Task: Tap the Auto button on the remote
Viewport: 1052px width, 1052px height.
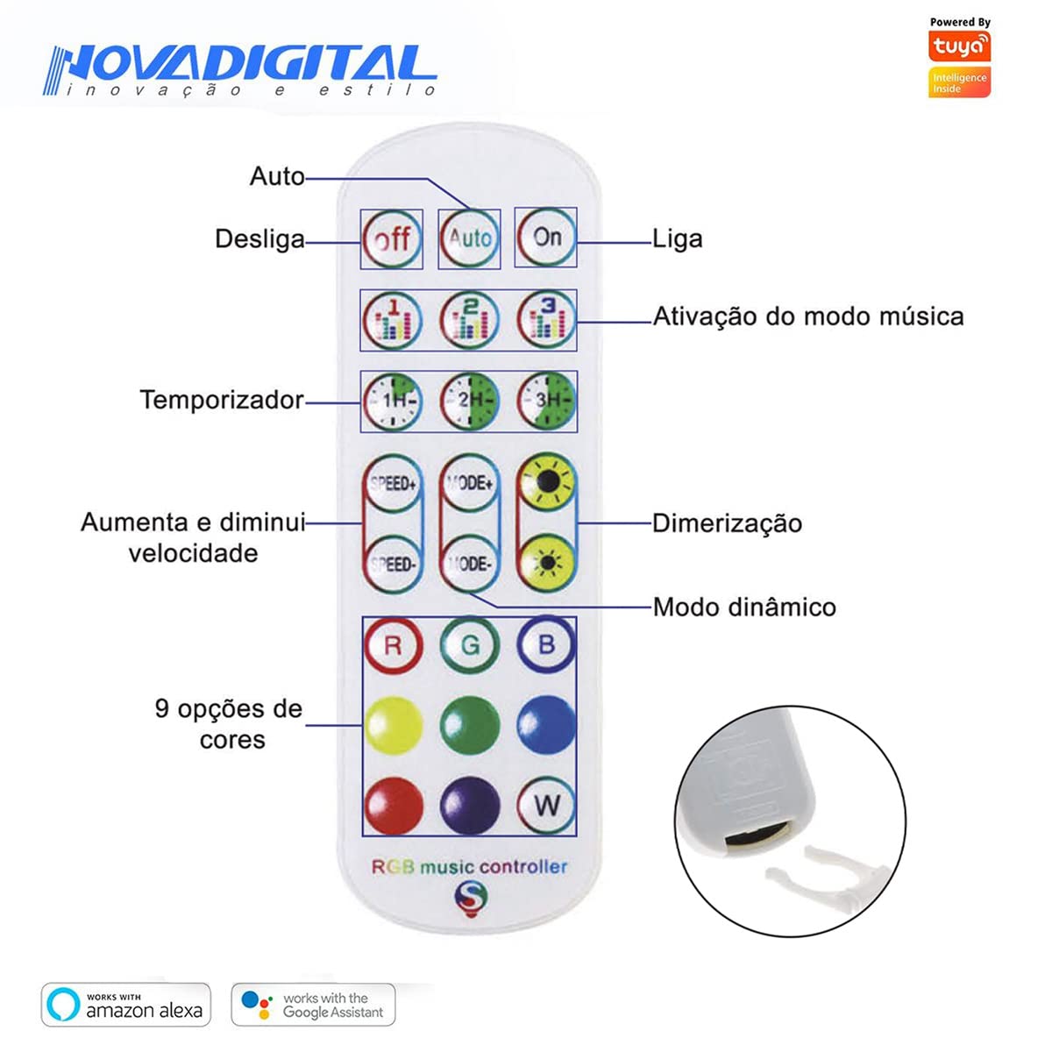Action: click(470, 238)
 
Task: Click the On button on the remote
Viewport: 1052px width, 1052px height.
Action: click(546, 238)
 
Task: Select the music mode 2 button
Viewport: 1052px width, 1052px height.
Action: click(470, 320)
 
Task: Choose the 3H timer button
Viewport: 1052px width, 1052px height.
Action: click(546, 402)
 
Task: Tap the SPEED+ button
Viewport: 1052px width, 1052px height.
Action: click(393, 484)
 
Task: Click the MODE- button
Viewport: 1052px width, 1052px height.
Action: click(470, 564)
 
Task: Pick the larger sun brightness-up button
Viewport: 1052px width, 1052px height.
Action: click(546, 482)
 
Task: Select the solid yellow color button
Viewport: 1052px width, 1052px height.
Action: click(394, 726)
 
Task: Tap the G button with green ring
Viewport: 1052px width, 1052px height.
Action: click(470, 645)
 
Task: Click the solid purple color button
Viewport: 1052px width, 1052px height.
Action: click(470, 807)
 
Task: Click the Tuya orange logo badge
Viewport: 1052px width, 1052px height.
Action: click(959, 46)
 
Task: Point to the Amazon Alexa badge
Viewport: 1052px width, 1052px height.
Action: click(126, 1005)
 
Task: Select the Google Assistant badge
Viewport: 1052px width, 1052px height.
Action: click(313, 1005)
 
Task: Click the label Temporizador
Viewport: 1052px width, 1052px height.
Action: click(222, 400)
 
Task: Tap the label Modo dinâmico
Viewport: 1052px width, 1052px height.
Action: click(744, 607)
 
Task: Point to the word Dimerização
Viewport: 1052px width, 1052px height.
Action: click(727, 523)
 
